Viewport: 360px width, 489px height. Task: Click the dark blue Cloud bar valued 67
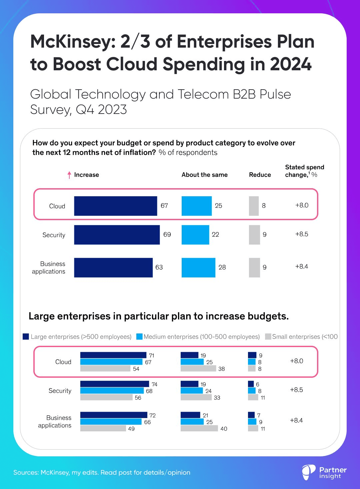(x=115, y=206)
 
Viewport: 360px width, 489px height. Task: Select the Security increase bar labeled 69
(x=117, y=235)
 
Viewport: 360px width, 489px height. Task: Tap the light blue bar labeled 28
(x=198, y=267)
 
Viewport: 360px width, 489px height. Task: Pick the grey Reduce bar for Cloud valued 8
(x=254, y=206)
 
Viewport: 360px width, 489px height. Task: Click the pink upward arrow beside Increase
(x=69, y=175)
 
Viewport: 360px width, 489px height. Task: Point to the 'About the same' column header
(x=204, y=175)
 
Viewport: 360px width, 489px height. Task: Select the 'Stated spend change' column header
(x=304, y=171)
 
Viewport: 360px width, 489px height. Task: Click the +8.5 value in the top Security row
(x=302, y=234)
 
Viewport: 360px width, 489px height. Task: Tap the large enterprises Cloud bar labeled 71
(x=113, y=355)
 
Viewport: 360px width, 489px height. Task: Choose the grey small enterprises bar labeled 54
(x=105, y=368)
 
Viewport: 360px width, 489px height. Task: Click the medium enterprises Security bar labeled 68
(x=112, y=391)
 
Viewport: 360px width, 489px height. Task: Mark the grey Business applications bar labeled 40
(x=199, y=428)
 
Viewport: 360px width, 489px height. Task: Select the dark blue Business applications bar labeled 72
(x=113, y=415)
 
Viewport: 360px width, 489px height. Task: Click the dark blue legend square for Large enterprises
(x=26, y=336)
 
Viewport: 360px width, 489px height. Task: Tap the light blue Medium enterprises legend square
(x=139, y=336)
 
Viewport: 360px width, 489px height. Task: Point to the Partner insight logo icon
(x=308, y=472)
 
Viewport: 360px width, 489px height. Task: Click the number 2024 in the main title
(x=291, y=64)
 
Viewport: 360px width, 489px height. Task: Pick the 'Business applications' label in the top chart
(x=49, y=267)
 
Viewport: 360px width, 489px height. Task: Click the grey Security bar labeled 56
(x=106, y=397)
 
